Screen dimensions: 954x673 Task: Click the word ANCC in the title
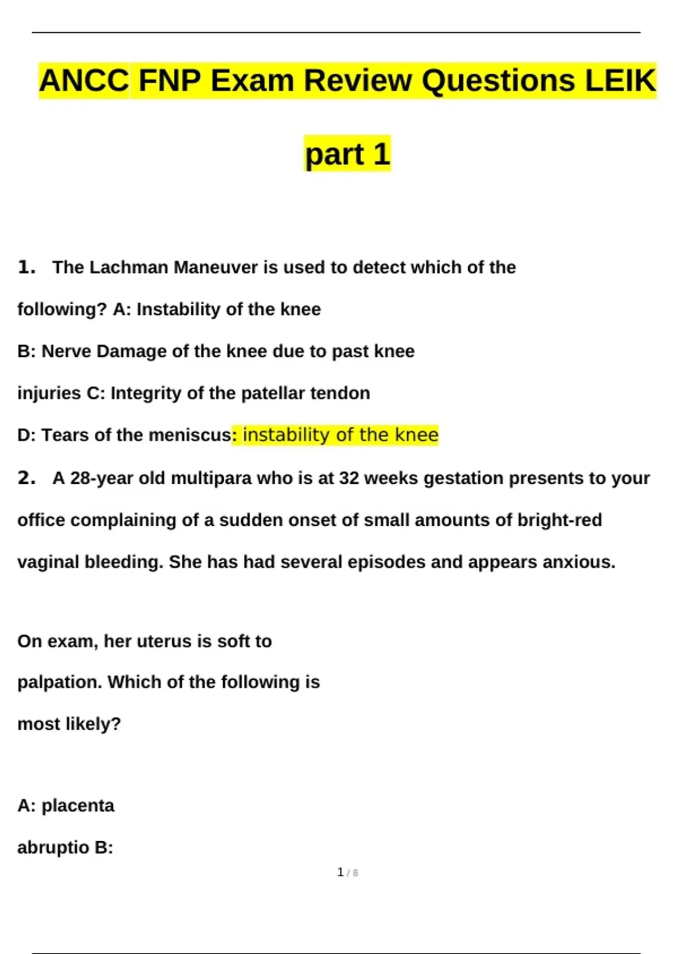coord(84,80)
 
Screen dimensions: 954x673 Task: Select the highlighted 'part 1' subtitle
coord(347,154)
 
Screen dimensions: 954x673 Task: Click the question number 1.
coord(26,267)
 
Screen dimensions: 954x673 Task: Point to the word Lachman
coord(128,267)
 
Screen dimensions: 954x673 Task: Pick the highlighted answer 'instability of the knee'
coord(340,435)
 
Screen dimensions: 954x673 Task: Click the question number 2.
coord(26,478)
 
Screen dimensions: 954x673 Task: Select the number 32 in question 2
coord(348,478)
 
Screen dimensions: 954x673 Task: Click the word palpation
coord(59,682)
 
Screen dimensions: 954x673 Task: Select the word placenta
coord(78,806)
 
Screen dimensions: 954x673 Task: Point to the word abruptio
coord(53,847)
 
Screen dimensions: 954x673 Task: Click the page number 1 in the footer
coord(340,872)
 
